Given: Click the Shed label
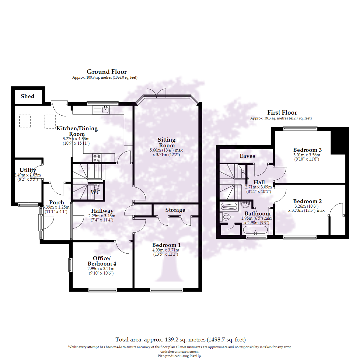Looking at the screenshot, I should point(27,96).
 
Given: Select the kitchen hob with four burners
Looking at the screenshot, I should point(97,158).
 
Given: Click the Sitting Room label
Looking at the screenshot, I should point(167,142).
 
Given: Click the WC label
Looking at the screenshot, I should point(96,193).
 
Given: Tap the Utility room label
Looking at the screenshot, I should point(28,170).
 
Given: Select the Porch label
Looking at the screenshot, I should point(57,202).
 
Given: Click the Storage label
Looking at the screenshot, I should point(175,210).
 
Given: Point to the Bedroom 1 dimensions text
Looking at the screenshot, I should point(166,252).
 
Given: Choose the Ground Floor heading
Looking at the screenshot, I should point(107,72).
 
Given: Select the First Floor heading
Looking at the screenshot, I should point(282,113).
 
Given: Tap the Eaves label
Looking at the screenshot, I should point(247,156).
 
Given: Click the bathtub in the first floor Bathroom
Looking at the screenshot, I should point(255,230).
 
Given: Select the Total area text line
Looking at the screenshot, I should point(180,340).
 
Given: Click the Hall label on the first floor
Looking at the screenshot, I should point(259,182).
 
